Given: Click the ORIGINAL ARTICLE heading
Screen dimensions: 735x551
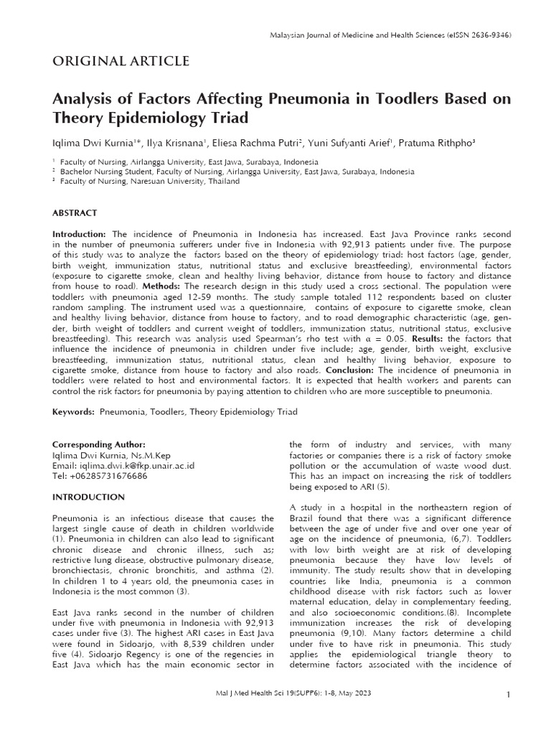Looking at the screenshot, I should click(121, 61).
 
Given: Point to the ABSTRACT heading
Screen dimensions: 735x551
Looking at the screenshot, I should click(75, 213).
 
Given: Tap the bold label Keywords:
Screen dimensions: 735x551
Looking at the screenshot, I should click(74, 412).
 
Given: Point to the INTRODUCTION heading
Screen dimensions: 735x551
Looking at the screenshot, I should click(88, 497).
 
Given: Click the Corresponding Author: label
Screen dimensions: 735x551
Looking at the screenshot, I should click(99, 444).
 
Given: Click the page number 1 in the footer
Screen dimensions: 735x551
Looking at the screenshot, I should click(508, 695).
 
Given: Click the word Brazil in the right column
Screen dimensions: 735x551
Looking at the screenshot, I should click(303, 518).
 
